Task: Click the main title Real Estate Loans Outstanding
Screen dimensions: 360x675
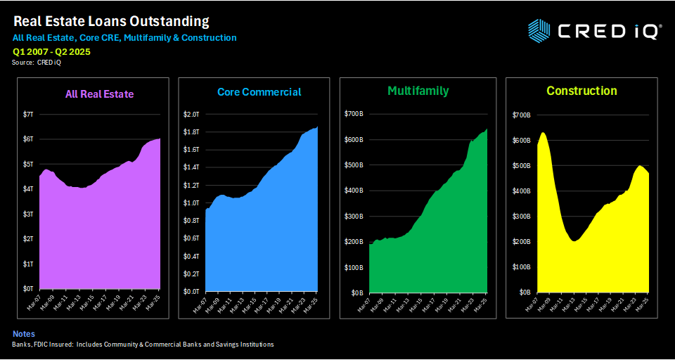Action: (x=112, y=21)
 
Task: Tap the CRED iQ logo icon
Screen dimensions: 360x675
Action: (x=539, y=30)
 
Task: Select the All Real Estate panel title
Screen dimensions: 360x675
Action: (x=98, y=94)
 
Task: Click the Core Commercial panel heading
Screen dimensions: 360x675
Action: (x=259, y=92)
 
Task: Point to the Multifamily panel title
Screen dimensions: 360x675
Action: (x=418, y=91)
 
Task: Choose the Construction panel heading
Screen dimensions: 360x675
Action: (x=581, y=91)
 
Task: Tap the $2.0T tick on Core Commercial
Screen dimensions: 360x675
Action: (x=191, y=114)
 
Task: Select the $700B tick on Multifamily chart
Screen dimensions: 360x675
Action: (x=354, y=114)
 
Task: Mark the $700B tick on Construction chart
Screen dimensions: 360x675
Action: (x=520, y=115)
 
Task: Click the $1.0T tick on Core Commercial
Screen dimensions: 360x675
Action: (x=191, y=202)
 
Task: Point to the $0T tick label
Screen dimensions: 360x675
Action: (x=30, y=288)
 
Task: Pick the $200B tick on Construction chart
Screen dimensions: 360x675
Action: (x=520, y=241)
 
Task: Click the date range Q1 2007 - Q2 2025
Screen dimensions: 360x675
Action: (x=51, y=51)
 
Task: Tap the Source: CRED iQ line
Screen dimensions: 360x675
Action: (x=37, y=63)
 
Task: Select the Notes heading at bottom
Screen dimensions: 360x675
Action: (x=23, y=333)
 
